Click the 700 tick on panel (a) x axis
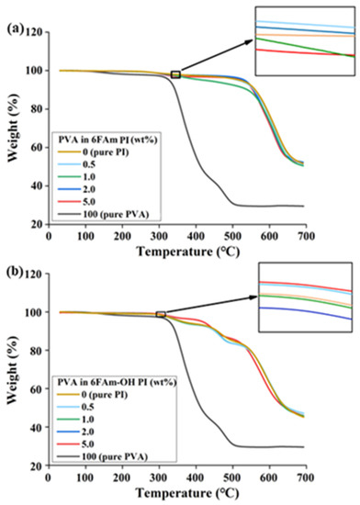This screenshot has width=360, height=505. [305, 236]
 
